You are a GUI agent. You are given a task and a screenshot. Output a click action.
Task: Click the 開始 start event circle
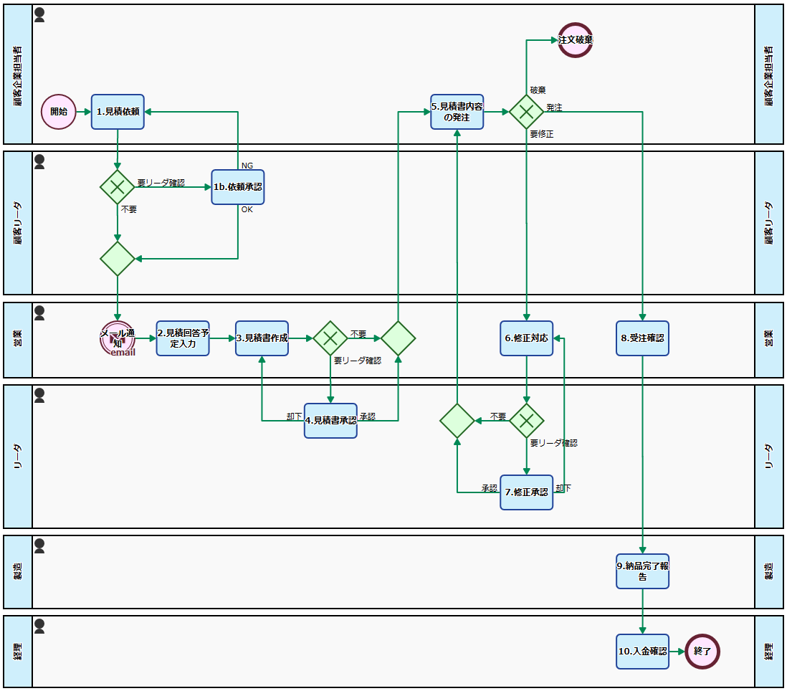point(59,112)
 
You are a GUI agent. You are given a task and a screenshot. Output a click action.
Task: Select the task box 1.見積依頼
point(118,112)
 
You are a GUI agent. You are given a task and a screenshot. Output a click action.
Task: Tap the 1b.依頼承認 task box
point(238,187)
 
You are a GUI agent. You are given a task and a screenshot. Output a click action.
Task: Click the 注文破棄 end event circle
point(576,40)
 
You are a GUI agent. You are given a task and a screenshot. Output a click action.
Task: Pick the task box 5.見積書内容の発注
point(457,112)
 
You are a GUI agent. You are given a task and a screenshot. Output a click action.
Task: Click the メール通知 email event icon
point(118,338)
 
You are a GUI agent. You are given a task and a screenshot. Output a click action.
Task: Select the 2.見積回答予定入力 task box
point(183,338)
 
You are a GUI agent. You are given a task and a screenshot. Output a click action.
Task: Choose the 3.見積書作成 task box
point(262,338)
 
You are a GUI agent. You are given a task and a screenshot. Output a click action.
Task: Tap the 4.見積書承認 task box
point(330,421)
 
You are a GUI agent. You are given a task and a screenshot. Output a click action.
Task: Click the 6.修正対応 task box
point(527,338)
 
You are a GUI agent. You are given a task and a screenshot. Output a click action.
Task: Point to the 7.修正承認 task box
point(527,492)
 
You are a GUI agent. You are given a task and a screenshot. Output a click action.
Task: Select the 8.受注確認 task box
point(642,338)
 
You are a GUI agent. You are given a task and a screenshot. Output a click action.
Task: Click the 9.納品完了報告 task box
point(642,571)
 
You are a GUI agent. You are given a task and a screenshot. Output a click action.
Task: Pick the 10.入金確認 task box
point(642,652)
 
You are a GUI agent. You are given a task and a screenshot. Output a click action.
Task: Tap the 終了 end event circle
point(702,652)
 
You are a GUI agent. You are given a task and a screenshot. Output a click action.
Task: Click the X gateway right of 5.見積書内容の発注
point(527,112)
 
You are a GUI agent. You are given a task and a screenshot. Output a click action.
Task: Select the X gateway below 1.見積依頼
point(118,187)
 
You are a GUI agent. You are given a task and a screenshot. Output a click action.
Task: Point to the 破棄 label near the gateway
point(538,90)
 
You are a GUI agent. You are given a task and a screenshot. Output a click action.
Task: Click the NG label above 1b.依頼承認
point(247,166)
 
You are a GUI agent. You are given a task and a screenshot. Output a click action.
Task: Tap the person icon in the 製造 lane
point(40,546)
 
